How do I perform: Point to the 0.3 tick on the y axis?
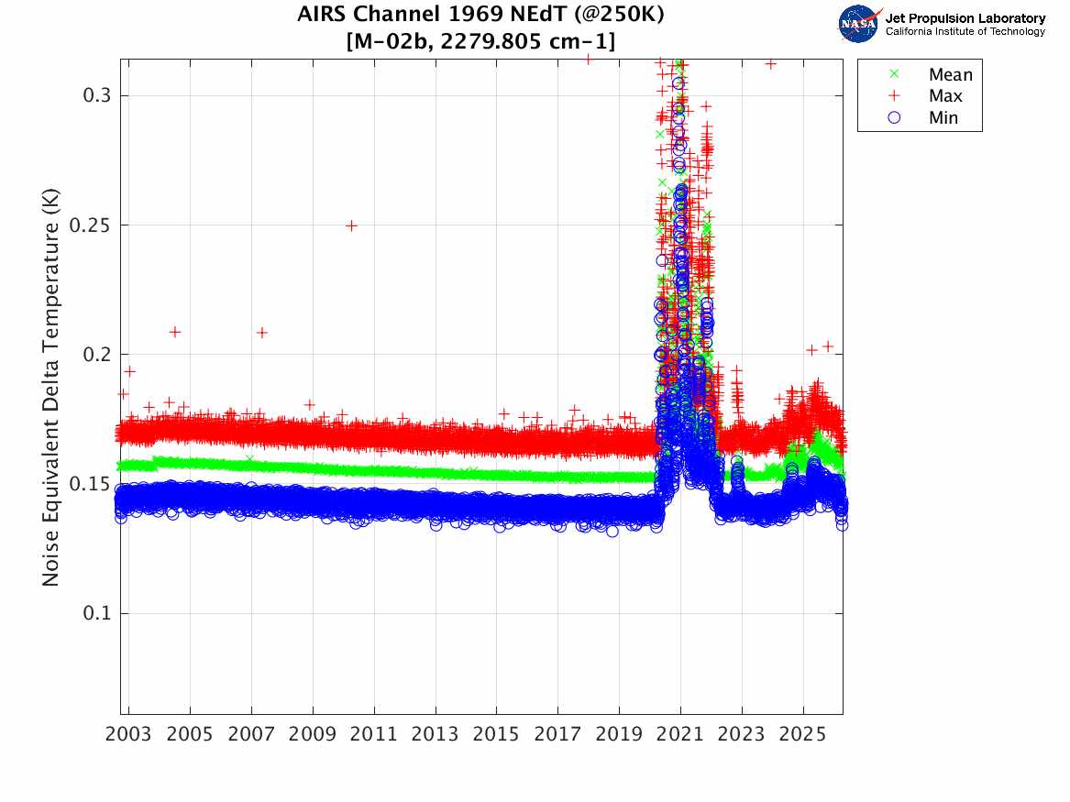click(x=96, y=95)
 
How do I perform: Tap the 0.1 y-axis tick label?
click(x=96, y=613)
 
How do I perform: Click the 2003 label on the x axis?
click(x=128, y=734)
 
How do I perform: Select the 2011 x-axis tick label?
click(x=374, y=734)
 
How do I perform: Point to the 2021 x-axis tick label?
click(x=680, y=734)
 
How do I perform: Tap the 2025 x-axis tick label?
click(x=803, y=734)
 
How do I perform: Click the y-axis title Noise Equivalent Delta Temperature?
click(x=50, y=388)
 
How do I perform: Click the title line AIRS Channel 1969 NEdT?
click(x=480, y=14)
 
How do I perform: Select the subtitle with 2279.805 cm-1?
click(x=480, y=41)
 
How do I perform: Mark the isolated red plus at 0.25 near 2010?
click(x=351, y=225)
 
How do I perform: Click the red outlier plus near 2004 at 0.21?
click(x=175, y=332)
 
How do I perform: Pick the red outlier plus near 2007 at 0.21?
click(x=261, y=333)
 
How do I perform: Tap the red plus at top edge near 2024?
click(x=770, y=64)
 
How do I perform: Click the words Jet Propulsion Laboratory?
click(x=965, y=18)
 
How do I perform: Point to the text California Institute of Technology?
click(x=965, y=31)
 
